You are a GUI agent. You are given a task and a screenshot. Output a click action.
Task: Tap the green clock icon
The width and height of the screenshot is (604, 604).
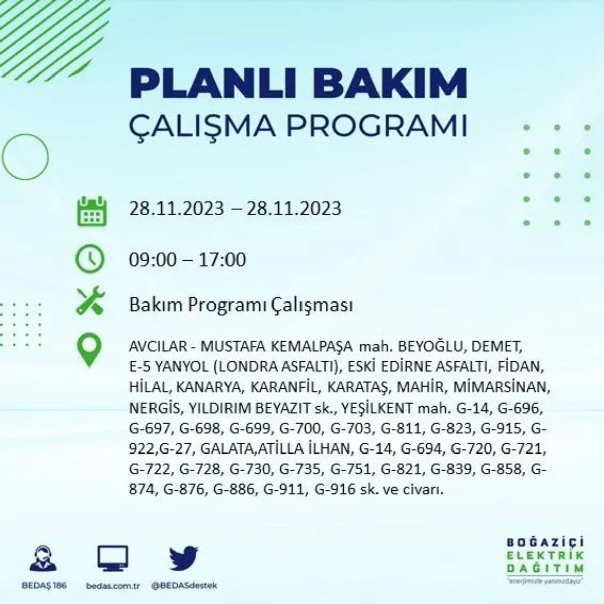90,260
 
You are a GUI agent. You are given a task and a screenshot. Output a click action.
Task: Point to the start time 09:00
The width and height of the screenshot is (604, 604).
153,260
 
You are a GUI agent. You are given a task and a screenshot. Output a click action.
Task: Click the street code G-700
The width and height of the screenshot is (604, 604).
300,428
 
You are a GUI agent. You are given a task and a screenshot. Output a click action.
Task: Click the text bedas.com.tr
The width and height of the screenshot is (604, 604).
112,586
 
